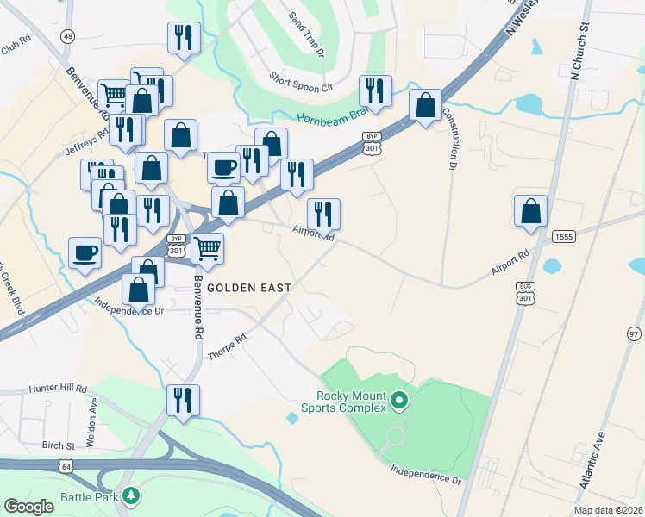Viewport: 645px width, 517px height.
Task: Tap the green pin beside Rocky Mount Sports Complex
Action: (x=398, y=400)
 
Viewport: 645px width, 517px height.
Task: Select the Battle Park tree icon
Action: (x=130, y=495)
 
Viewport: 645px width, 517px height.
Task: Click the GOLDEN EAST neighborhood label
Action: (x=248, y=287)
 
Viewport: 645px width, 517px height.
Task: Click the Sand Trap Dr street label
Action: (x=306, y=34)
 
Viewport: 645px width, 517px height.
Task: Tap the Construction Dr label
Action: (x=449, y=138)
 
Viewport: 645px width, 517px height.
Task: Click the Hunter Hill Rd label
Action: (x=58, y=389)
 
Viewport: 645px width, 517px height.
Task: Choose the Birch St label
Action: (x=59, y=446)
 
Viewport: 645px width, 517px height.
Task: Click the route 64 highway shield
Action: (x=66, y=466)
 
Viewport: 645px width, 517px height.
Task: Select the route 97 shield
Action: (x=635, y=333)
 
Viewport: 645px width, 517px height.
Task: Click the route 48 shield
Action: (x=67, y=35)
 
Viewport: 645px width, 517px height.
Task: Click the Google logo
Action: (x=28, y=508)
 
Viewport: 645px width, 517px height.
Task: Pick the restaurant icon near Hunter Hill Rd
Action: (x=183, y=400)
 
